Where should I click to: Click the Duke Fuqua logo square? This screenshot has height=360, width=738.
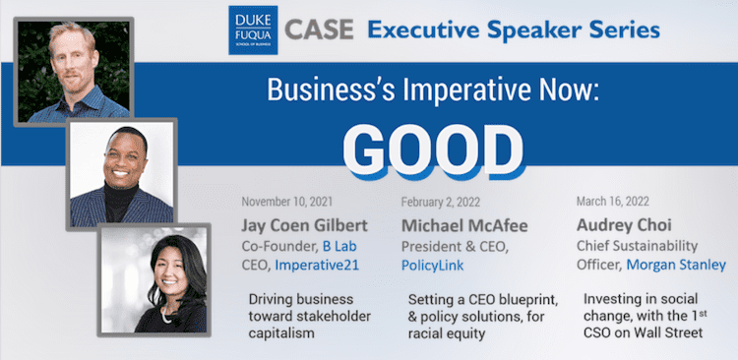(253, 30)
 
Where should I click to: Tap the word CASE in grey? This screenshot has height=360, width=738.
(319, 30)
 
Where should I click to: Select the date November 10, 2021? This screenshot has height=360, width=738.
(287, 202)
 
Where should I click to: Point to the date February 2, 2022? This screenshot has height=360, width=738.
(441, 202)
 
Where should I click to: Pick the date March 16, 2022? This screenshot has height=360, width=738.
(613, 202)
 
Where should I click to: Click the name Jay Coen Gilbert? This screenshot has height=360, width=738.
(304, 226)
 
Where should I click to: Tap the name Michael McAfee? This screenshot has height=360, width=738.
(464, 226)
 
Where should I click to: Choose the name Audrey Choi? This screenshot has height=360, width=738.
(624, 226)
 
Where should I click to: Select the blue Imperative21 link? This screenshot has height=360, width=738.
(317, 265)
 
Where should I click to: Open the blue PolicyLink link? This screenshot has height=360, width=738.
(432, 266)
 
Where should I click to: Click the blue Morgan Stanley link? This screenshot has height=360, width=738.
(676, 265)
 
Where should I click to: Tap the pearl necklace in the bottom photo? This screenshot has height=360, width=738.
(165, 315)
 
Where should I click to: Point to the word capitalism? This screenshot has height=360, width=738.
(281, 333)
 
